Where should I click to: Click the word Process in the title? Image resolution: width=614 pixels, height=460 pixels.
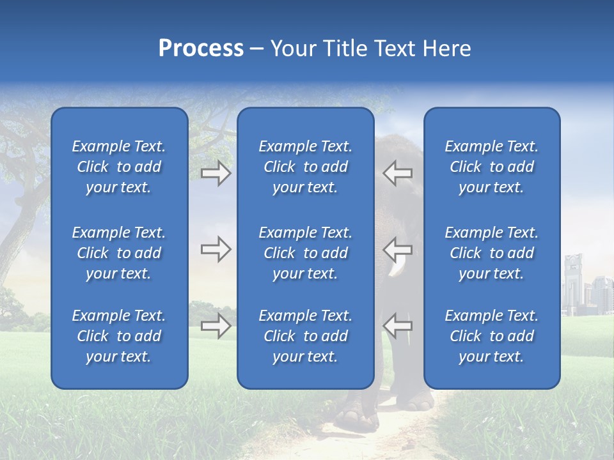click(201, 49)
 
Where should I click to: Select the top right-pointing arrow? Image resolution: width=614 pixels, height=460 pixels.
click(216, 173)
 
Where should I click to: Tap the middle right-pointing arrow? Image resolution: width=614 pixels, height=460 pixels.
click(216, 249)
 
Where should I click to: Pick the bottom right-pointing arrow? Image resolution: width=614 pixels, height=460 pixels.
click(216, 326)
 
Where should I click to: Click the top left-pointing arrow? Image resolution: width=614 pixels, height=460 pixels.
click(397, 173)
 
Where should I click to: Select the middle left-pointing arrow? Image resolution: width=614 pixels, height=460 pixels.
click(397, 249)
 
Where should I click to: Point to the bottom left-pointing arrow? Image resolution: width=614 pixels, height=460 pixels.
click(397, 326)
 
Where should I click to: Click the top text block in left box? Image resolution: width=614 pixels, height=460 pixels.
click(119, 167)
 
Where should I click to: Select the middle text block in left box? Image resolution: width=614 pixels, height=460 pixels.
click(119, 253)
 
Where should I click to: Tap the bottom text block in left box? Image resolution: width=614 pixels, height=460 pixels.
click(119, 336)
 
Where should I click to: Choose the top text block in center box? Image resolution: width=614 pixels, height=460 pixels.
click(305, 167)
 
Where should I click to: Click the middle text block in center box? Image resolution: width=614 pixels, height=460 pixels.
click(305, 253)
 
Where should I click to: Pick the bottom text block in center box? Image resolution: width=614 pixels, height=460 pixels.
click(305, 336)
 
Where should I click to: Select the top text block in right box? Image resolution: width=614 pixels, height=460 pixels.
click(491, 167)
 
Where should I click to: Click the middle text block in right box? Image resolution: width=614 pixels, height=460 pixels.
click(491, 253)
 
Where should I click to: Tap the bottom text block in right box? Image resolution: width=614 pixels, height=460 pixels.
click(491, 336)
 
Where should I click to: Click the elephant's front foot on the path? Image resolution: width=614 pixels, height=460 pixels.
click(356, 418)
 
